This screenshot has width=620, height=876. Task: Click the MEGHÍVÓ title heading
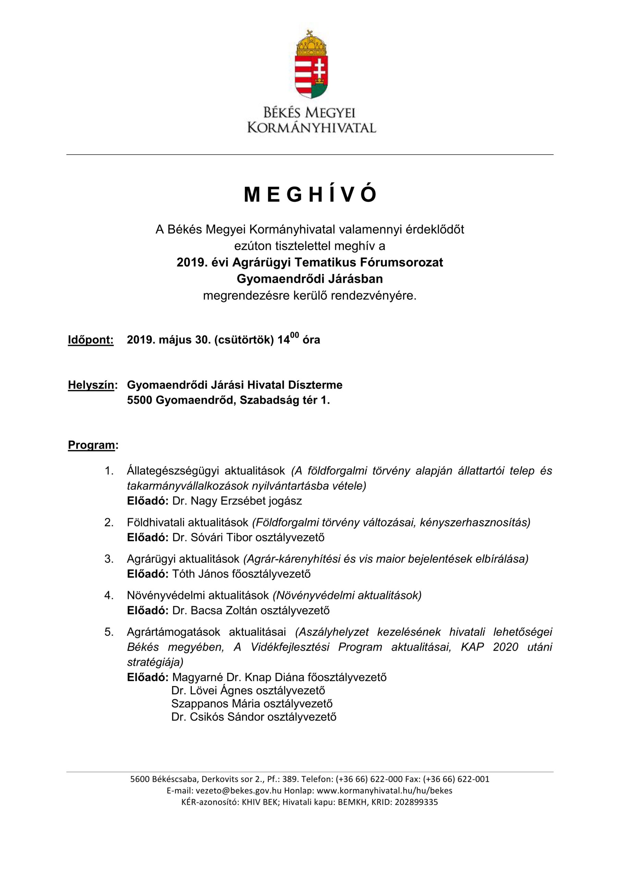click(x=310, y=195)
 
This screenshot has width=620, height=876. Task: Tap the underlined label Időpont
click(x=90, y=340)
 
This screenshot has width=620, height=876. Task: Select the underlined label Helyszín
click(x=91, y=385)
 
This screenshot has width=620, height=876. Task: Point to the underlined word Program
click(x=91, y=445)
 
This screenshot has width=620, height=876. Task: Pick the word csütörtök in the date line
click(x=244, y=340)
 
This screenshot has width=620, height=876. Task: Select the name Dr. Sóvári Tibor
click(x=212, y=538)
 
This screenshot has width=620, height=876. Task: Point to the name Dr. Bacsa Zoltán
click(x=215, y=610)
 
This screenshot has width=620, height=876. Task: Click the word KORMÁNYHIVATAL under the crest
click(x=312, y=127)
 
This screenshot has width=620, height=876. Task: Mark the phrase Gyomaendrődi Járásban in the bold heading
click(x=310, y=279)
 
